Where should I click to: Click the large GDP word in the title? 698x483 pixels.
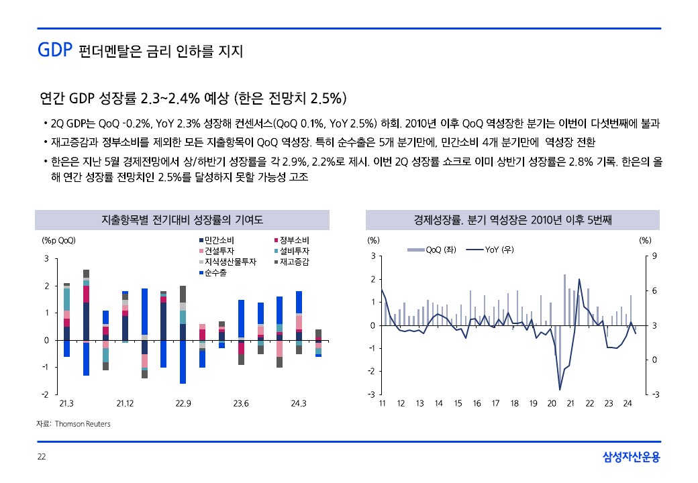click(54, 50)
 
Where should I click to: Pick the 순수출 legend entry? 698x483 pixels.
click(217, 272)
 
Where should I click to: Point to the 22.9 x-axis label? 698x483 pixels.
click(183, 404)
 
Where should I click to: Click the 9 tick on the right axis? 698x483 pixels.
click(654, 256)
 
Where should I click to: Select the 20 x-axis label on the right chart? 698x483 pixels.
click(552, 404)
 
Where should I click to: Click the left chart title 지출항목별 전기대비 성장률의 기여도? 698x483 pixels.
click(182, 220)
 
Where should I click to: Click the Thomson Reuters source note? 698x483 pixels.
click(74, 424)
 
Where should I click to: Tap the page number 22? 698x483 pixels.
click(42, 458)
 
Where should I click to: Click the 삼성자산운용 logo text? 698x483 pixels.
click(631, 458)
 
